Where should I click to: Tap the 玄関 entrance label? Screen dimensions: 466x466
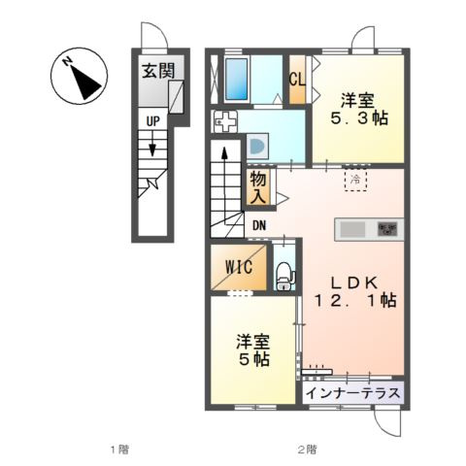point(158,71)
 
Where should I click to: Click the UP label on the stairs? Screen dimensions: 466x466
point(153,121)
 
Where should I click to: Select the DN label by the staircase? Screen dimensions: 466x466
point(259,225)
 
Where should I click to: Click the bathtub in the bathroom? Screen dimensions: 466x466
point(237,79)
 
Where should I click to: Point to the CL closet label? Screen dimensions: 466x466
point(297,80)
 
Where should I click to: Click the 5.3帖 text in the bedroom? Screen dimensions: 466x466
point(359,118)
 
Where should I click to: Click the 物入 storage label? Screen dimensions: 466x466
point(258,187)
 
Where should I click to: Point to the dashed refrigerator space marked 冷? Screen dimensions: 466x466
point(355,180)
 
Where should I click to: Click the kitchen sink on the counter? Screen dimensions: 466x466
point(352,229)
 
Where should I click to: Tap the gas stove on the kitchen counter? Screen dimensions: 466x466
point(387,229)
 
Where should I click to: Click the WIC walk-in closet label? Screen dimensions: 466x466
point(239,267)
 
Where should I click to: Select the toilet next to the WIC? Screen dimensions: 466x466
point(284,276)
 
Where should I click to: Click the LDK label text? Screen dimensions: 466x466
point(353,283)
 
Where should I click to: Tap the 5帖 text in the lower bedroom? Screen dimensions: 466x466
point(254,359)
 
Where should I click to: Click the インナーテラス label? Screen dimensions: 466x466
point(353,393)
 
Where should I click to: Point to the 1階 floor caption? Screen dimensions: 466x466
point(119,449)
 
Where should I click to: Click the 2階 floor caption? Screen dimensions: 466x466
point(307,449)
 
